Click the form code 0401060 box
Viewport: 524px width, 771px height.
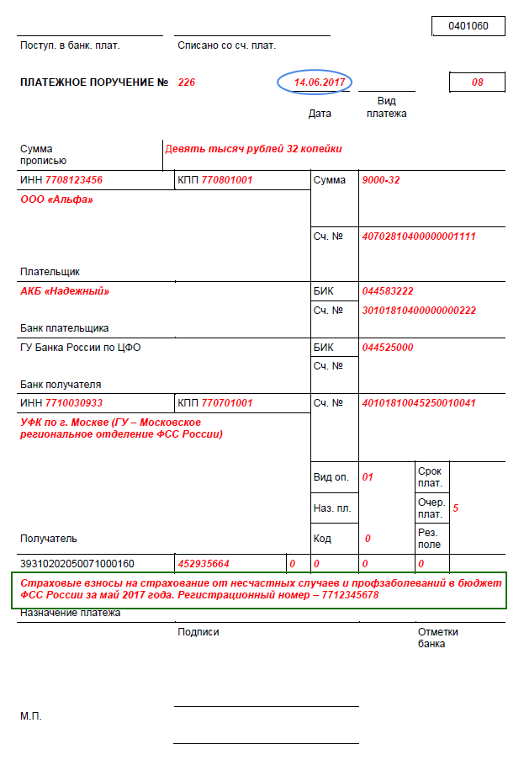coord(468,26)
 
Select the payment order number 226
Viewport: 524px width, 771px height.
coord(187,82)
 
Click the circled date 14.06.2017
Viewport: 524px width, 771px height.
coord(315,82)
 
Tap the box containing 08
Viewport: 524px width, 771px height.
coord(477,82)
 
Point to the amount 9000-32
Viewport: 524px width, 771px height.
coord(381,180)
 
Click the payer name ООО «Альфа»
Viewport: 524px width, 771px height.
coord(56,199)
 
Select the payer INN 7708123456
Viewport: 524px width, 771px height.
coord(74,180)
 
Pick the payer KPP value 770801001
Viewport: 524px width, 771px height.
coord(226,180)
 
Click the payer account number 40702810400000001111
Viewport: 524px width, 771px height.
coord(418,237)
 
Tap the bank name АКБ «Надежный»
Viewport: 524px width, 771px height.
coord(65,291)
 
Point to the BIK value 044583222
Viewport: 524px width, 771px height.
coord(388,291)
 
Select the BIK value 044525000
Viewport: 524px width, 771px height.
coord(388,347)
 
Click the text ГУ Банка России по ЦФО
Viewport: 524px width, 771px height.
coord(80,347)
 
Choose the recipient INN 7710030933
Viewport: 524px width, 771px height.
coord(74,403)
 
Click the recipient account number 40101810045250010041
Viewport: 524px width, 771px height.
coord(418,403)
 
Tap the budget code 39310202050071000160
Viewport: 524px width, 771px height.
coord(77,563)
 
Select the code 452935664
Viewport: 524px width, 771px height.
coord(204,563)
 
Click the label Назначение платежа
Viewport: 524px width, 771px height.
coord(71,613)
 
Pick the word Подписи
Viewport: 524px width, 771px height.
coord(198,632)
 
